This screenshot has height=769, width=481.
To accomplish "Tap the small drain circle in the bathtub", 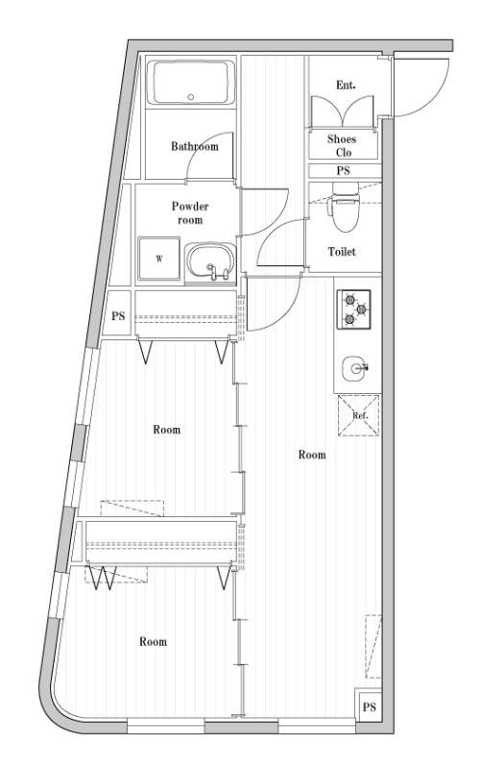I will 190,97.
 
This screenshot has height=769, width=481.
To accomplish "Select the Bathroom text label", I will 195,147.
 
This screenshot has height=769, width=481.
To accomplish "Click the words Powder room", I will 190,212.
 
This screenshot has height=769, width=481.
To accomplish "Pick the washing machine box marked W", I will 157,258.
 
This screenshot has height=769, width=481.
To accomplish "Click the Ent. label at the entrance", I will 346,86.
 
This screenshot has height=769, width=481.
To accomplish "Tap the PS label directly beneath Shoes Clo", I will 344,171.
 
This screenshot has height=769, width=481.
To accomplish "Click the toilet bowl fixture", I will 343,211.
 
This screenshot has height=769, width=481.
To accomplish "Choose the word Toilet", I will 343,252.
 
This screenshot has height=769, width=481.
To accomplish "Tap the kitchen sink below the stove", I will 355,367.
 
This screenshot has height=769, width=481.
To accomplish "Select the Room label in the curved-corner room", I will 153,641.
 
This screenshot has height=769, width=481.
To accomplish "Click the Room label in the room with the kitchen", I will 311,455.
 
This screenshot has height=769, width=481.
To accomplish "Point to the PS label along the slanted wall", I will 118,316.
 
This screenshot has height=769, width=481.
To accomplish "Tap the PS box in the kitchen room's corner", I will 368,707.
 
